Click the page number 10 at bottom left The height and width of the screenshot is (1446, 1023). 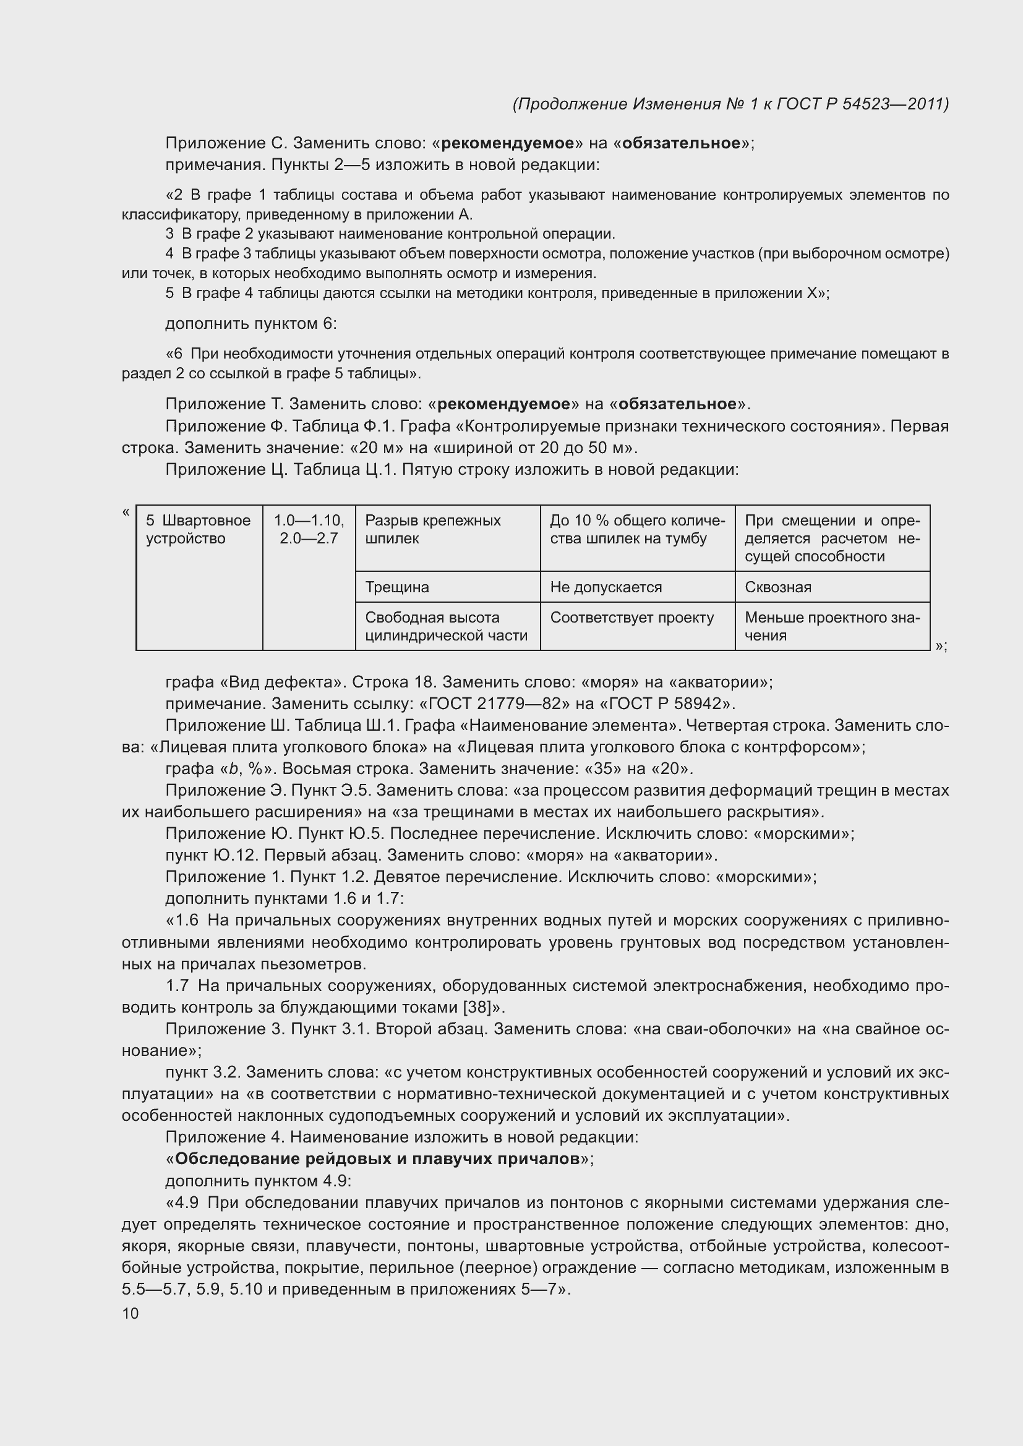131,1313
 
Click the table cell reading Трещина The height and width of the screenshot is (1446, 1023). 397,587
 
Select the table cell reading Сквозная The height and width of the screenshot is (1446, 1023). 778,587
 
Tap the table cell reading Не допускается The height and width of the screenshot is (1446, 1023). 606,587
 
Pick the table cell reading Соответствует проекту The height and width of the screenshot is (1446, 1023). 632,617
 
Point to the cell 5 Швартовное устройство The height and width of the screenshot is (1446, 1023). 199,529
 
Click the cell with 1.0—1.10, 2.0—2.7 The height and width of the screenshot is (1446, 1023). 309,529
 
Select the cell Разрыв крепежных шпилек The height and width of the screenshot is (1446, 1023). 433,529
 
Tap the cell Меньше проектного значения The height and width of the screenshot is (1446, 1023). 831,626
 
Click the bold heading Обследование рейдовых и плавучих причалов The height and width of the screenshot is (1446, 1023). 377,1159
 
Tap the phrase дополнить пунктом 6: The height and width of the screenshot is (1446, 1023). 250,324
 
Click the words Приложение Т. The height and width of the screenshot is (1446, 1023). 225,404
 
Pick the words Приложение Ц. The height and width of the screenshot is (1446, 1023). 226,469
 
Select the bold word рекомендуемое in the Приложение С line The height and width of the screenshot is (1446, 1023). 507,143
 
